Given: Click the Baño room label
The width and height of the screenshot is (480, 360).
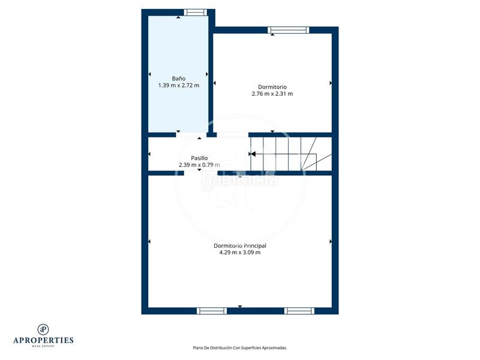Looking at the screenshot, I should [178, 79].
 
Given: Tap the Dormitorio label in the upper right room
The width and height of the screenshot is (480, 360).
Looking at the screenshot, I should [272, 86].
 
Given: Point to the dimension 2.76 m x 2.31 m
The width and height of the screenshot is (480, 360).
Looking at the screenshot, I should [272, 94].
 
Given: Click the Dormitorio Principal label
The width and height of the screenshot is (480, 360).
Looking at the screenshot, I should [240, 245].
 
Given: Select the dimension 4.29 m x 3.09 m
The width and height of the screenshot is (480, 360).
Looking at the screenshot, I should [240, 253].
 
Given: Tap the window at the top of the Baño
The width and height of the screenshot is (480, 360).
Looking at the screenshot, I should [195, 12].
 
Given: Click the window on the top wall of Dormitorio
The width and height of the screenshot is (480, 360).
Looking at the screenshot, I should [289, 30].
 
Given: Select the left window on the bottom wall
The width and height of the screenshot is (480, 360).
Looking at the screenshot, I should [211, 311].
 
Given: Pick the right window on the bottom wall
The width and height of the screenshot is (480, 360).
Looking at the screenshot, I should [299, 311].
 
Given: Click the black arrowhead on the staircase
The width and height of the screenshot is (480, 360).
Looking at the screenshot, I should [253, 154].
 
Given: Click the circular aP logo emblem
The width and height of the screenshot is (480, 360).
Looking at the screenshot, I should [43, 329].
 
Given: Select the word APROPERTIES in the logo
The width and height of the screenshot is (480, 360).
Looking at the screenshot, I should [43, 340].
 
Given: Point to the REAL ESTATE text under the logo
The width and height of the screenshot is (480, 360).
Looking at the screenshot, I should [43, 346].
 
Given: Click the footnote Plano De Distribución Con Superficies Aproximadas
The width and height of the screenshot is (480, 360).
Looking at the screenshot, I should [240, 347].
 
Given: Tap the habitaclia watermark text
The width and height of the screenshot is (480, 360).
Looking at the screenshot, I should [240, 179].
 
